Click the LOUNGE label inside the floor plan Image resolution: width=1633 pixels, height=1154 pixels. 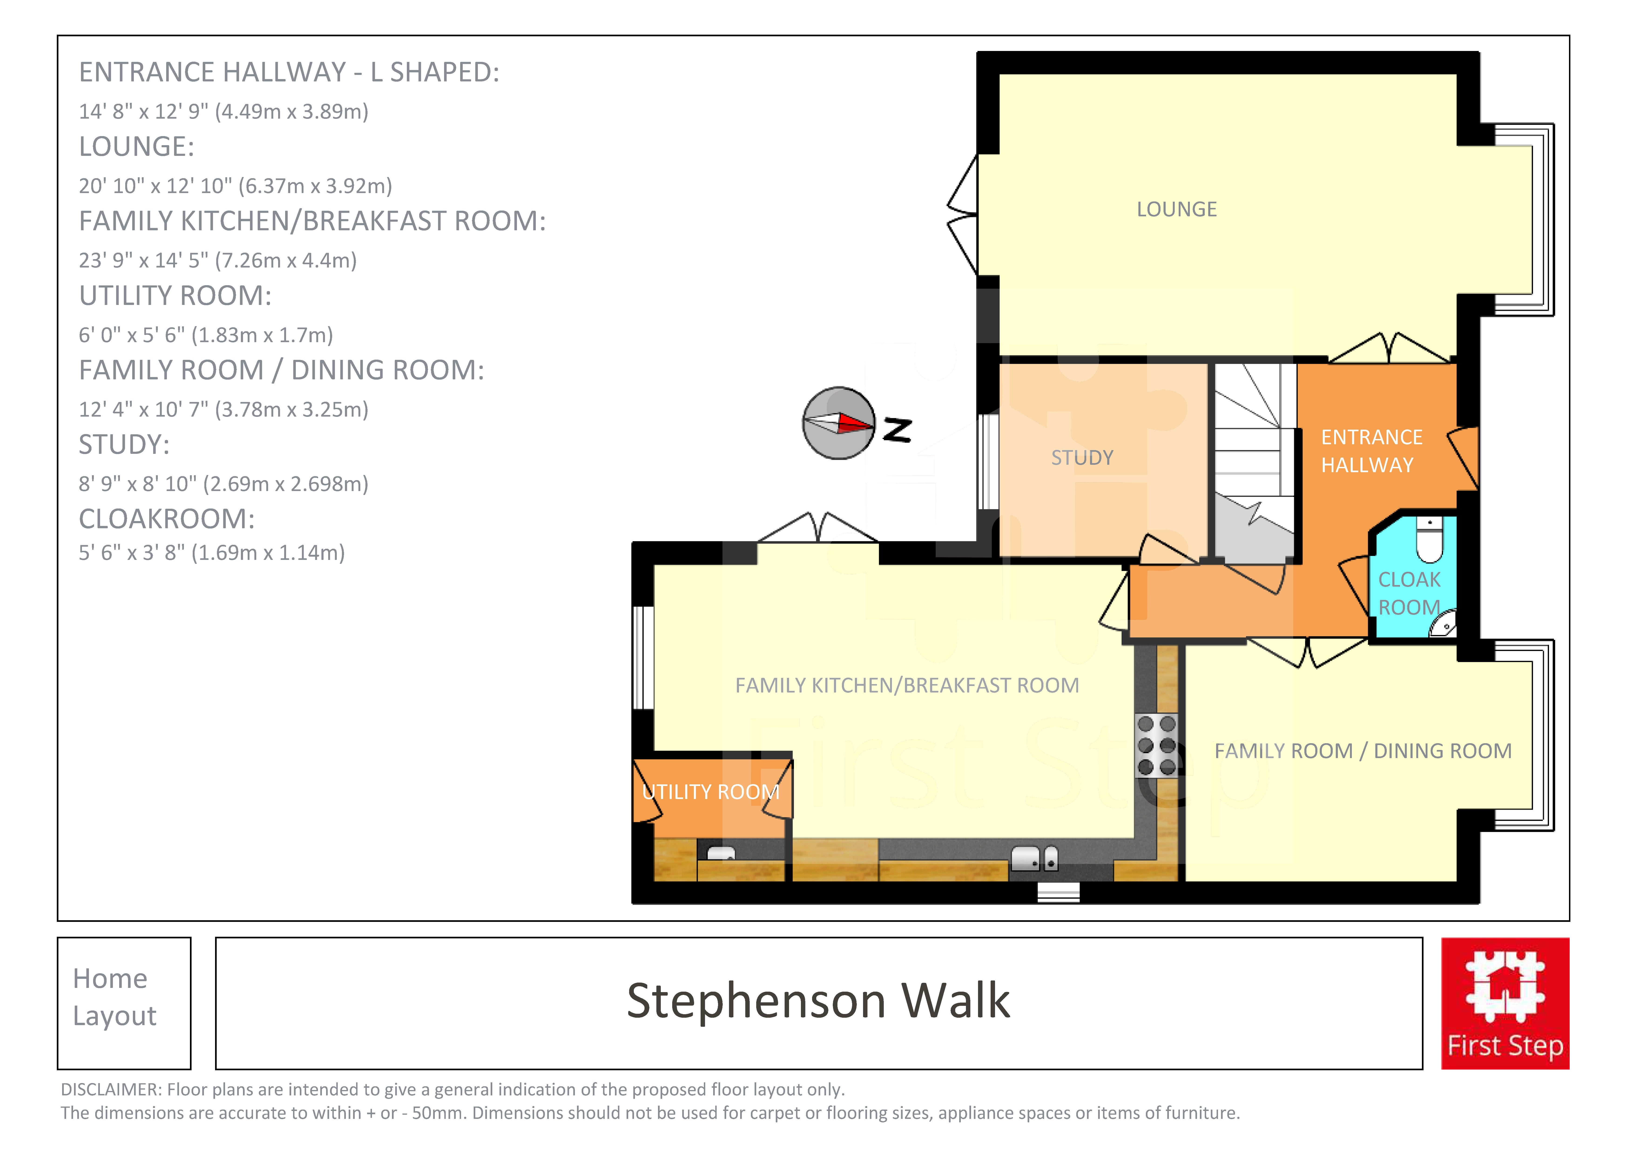pos(1176,209)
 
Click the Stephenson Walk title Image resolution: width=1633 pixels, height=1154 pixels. pos(818,1001)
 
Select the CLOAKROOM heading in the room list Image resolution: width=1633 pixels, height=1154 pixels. pos(166,519)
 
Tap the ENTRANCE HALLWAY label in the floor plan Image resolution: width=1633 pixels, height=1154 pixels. pos(1371,451)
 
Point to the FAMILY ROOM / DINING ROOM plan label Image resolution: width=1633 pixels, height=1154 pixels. pos(1363,751)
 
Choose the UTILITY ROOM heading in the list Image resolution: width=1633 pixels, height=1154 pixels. pos(175,296)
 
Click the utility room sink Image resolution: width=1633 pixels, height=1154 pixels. pos(720,853)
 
